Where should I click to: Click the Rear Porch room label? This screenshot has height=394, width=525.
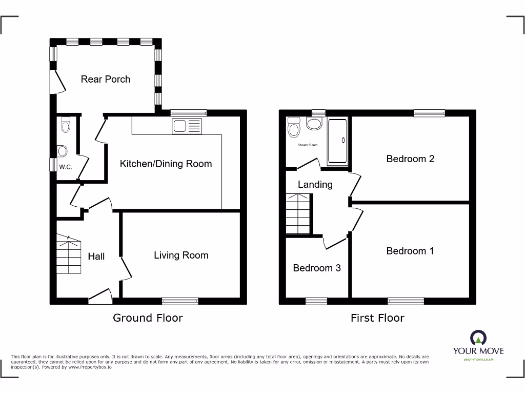(x=106, y=79)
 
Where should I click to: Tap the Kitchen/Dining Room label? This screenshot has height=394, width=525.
(x=166, y=164)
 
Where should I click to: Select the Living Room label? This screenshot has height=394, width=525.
(x=181, y=255)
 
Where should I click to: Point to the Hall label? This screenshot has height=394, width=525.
(x=96, y=256)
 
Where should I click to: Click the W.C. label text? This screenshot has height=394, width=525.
(x=65, y=167)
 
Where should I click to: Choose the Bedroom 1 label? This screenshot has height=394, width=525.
(x=410, y=250)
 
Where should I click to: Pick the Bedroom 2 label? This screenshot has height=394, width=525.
(x=410, y=159)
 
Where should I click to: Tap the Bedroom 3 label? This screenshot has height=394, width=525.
(x=316, y=268)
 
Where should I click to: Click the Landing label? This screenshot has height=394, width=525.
(x=315, y=184)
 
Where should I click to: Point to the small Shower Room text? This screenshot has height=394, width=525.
(x=308, y=145)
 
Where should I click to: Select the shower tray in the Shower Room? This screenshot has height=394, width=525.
(x=337, y=141)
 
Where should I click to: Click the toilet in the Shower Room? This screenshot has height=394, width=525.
(x=294, y=128)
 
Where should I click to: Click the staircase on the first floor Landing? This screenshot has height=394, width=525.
(x=298, y=213)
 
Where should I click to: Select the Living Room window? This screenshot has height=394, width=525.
(x=180, y=301)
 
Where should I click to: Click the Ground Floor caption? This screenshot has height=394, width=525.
(x=148, y=318)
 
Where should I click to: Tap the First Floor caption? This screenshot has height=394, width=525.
(x=377, y=318)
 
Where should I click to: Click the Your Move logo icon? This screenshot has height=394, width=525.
(x=478, y=338)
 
